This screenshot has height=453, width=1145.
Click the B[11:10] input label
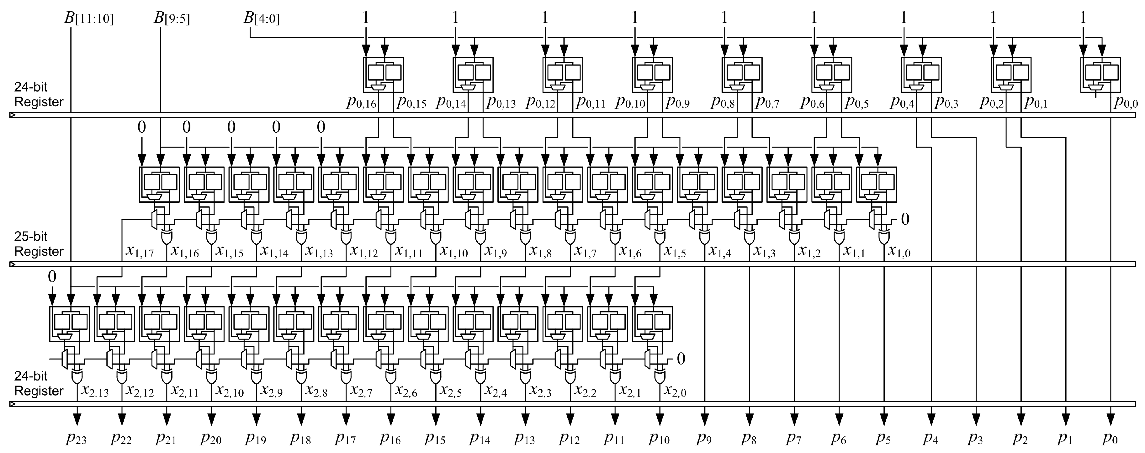(89, 19)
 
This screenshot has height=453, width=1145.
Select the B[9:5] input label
(172, 19)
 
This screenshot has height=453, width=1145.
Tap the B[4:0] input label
(261, 19)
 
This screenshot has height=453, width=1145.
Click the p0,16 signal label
(361, 103)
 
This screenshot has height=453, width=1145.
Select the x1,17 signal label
(139, 252)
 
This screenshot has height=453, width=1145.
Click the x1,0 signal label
(899, 252)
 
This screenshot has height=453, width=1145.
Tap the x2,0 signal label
(675, 392)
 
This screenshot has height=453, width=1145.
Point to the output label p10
(659, 439)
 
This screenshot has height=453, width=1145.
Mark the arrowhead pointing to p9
(704, 419)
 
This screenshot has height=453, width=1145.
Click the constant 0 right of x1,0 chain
(904, 219)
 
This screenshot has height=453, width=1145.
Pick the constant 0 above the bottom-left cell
(52, 277)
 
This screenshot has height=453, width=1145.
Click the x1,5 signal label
(674, 252)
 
